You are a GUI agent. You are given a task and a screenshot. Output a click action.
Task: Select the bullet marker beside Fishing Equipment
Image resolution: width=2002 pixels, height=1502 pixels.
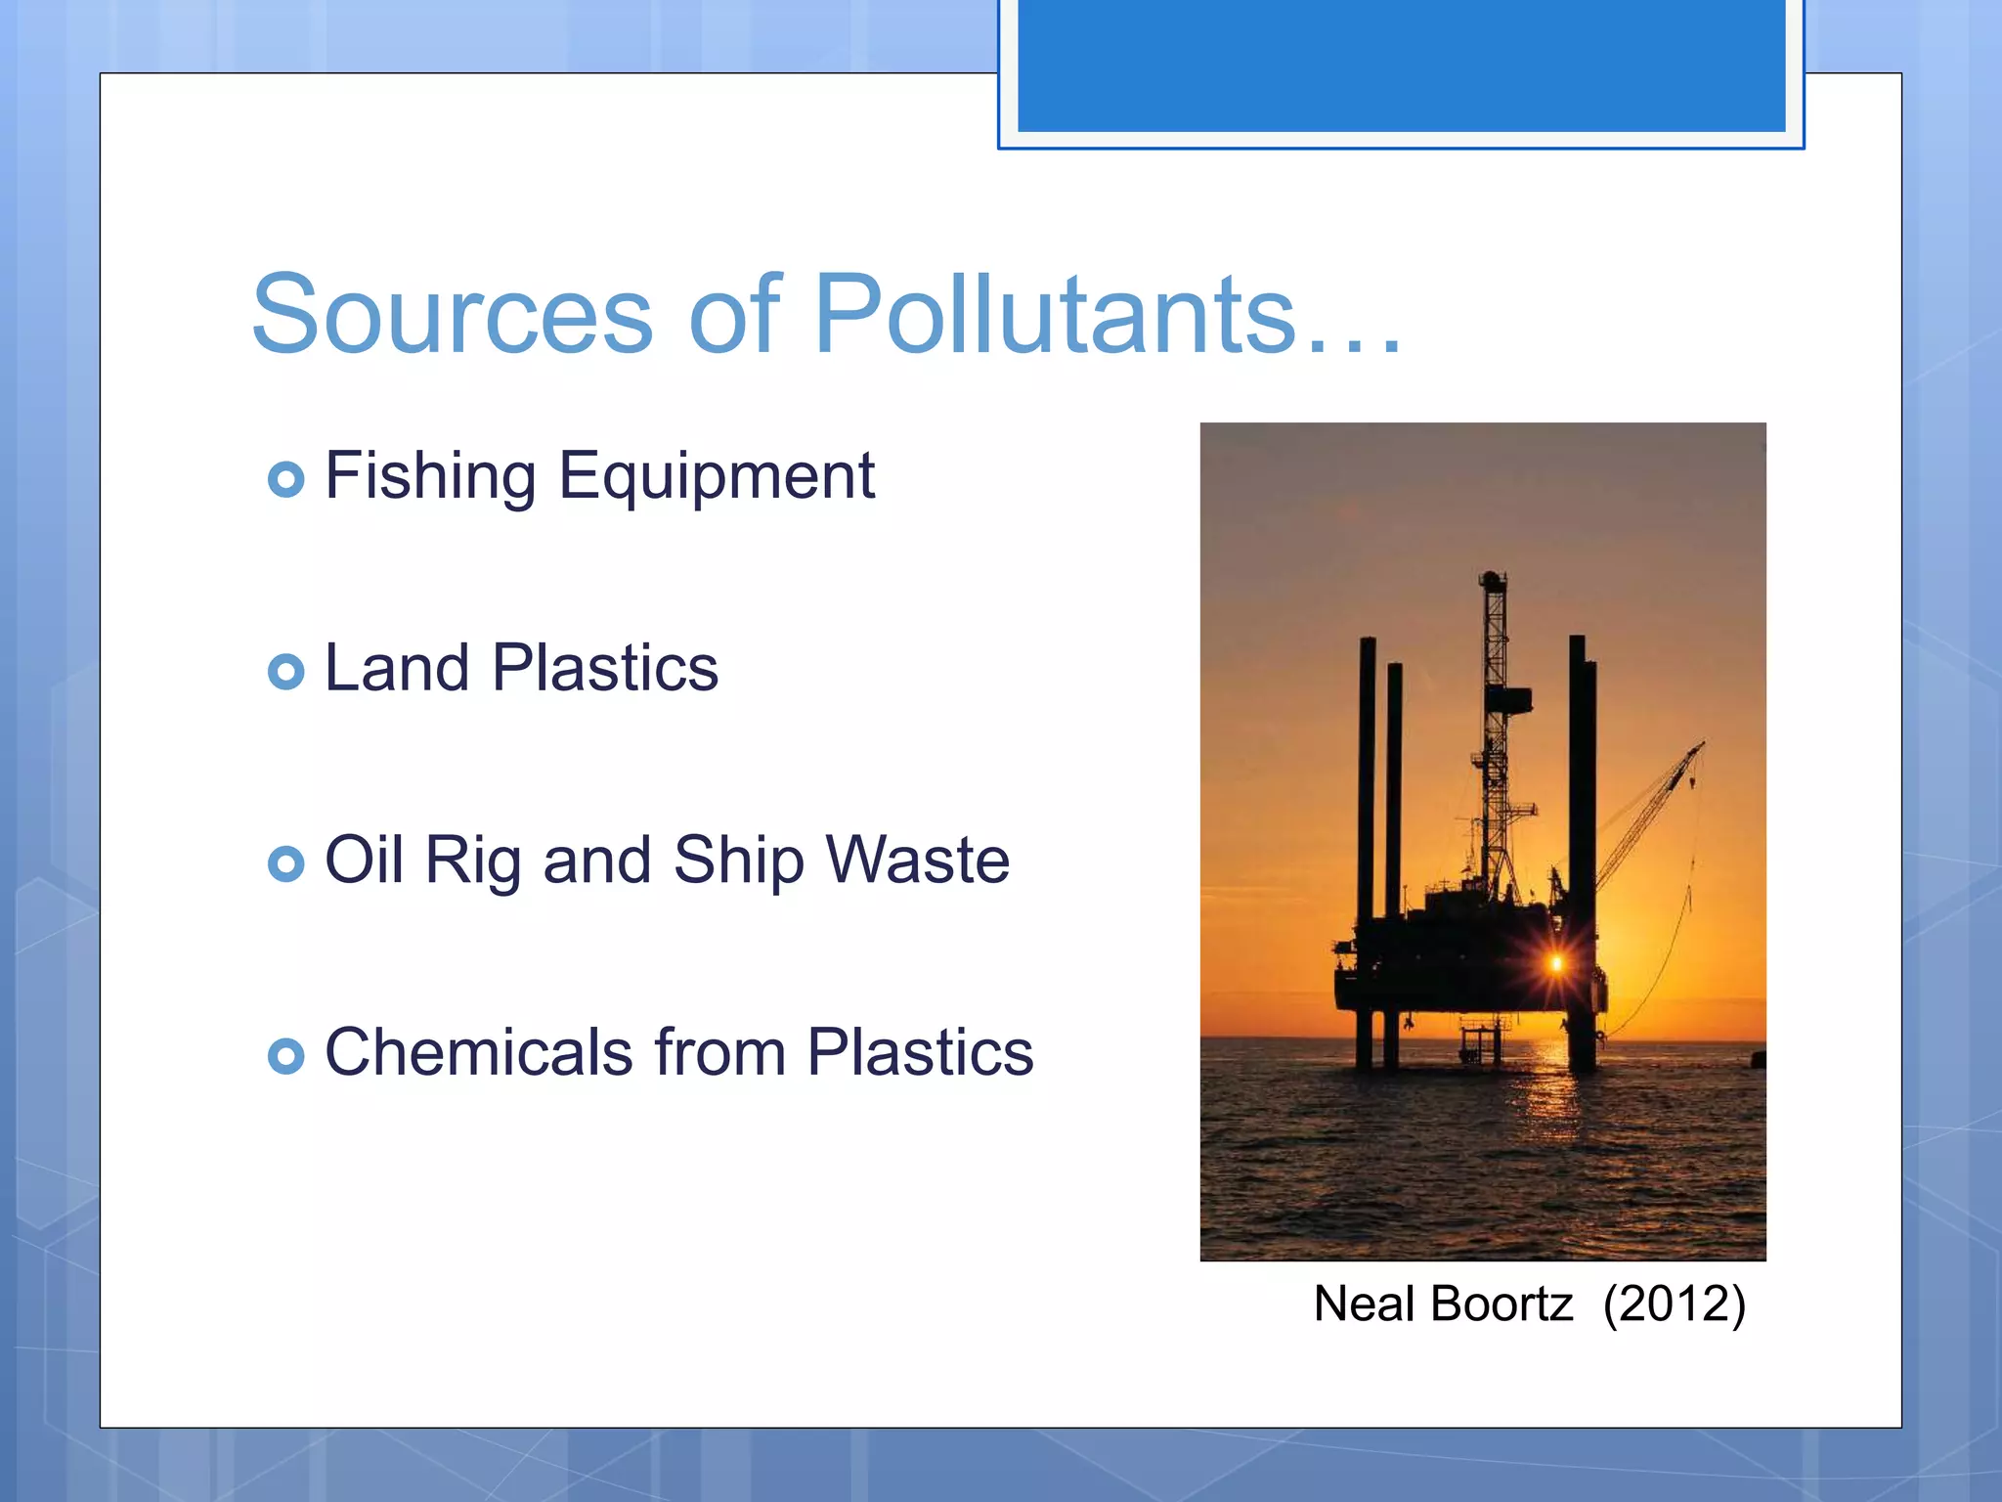pyautogui.click(x=285, y=479)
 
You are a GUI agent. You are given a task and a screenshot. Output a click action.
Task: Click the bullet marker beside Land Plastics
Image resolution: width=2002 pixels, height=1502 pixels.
pyautogui.click(x=285, y=672)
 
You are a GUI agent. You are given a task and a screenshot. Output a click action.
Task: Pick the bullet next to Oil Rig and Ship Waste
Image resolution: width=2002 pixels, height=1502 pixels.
pyautogui.click(x=285, y=863)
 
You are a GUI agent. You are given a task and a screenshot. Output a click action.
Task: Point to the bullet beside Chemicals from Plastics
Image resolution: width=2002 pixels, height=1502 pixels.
pyautogui.click(x=285, y=1056)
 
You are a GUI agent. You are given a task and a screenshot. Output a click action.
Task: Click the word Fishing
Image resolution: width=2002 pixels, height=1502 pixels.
pyautogui.click(x=430, y=477)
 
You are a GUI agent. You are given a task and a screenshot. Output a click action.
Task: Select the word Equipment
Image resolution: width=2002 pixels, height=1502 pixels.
pyautogui.click(x=717, y=477)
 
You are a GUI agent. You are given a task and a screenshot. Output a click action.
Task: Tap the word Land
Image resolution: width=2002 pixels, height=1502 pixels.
pyautogui.click(x=397, y=669)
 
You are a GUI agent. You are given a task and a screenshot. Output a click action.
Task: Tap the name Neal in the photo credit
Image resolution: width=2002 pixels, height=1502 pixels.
pyautogui.click(x=1365, y=1304)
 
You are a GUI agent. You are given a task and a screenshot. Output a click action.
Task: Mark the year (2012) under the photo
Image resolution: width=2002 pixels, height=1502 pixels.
pyautogui.click(x=1674, y=1304)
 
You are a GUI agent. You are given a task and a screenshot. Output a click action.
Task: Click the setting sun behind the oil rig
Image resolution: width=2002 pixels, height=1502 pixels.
pyautogui.click(x=1556, y=964)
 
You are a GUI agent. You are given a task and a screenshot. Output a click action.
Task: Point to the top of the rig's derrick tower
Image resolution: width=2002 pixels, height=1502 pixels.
pyautogui.click(x=1492, y=579)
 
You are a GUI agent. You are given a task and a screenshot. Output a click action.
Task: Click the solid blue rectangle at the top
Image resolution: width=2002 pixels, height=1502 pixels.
pyautogui.click(x=1401, y=65)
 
